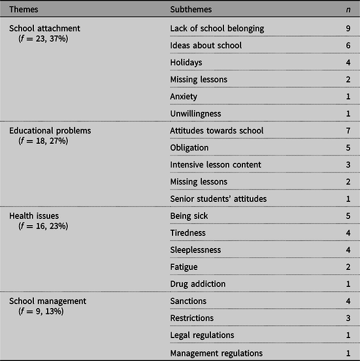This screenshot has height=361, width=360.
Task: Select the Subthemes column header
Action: coord(191,10)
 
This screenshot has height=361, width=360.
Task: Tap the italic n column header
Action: coord(349,10)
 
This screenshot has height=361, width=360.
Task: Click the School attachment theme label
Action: coord(42,28)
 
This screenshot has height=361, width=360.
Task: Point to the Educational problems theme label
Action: coord(50,131)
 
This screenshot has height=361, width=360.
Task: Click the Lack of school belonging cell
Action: coord(217,28)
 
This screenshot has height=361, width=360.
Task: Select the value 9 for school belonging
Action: coord(349,28)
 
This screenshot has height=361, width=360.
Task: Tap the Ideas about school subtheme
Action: coord(206,45)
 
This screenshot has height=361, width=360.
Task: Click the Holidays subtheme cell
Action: coord(186,62)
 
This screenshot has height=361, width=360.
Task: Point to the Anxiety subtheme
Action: coord(184,96)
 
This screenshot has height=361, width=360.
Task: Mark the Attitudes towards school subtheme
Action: coord(217,131)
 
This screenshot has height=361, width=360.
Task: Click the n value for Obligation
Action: coord(349,148)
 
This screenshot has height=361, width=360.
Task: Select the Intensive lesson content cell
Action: coord(216,165)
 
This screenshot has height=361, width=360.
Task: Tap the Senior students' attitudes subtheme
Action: coord(218,199)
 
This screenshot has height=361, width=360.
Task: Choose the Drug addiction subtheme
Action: coord(198,284)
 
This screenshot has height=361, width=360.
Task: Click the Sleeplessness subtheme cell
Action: coord(195,250)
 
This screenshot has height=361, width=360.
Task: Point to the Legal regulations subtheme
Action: coord(202,335)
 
